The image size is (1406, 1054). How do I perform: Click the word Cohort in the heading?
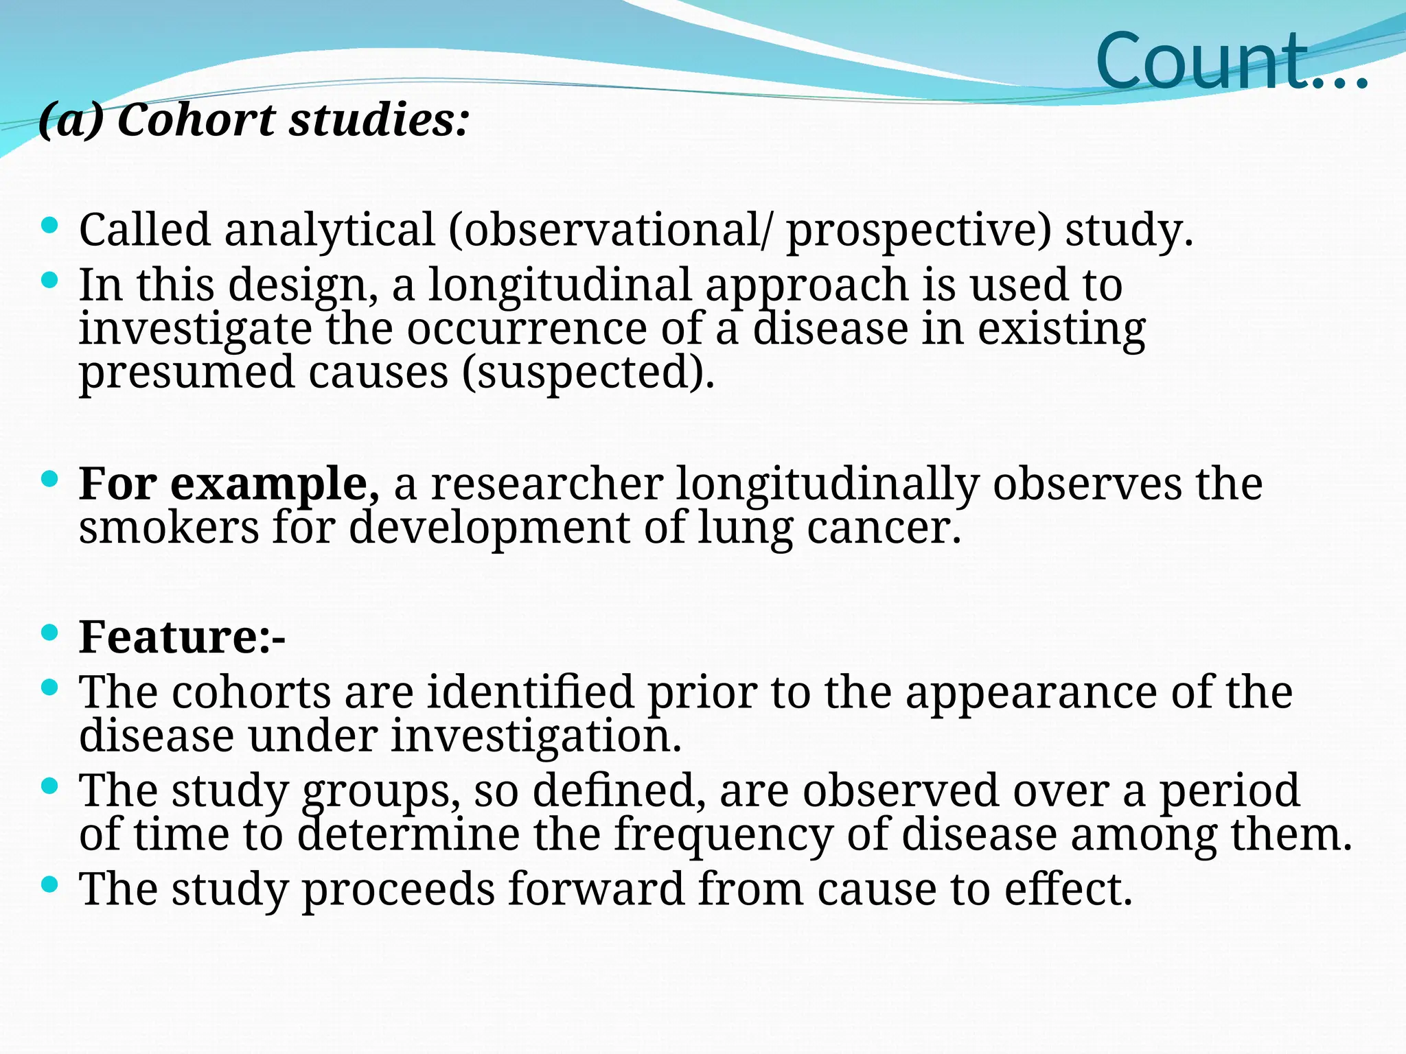[196, 121]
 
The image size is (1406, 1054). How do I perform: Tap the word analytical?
[330, 230]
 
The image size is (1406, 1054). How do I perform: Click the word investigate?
[195, 330]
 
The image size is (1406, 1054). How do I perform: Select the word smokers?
[169, 528]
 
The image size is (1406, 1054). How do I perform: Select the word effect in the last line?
[1068, 890]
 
